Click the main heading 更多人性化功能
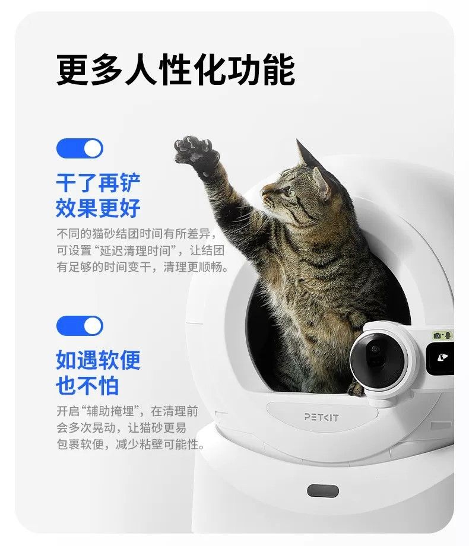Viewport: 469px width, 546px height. tap(176, 69)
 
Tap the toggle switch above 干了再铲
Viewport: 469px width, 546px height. tap(80, 148)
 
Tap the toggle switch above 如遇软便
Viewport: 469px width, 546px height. tap(80, 326)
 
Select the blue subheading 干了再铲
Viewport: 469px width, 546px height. tap(99, 183)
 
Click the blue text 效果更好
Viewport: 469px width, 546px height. tap(99, 208)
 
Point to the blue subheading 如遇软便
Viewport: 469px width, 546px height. tap(99, 360)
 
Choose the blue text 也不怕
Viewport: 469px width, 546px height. tap(87, 386)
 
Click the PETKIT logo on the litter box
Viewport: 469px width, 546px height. tap(321, 417)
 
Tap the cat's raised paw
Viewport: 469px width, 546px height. tap(195, 151)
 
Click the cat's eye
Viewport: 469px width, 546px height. tap(289, 192)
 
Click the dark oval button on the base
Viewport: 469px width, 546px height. tap(322, 491)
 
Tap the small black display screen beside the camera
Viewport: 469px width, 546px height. tap(440, 358)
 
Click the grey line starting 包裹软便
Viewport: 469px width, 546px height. tap(131, 445)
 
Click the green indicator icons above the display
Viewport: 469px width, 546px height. tap(442, 336)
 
